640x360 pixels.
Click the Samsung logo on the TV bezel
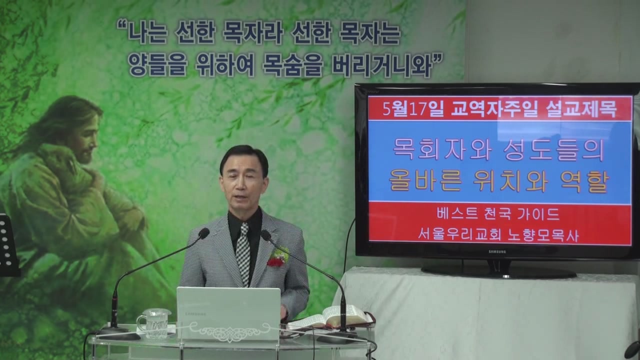click(x=497, y=251)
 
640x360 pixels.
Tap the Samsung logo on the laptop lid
click(x=195, y=313)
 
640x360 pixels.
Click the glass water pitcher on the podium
click(x=154, y=323)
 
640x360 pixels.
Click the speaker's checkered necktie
click(x=243, y=253)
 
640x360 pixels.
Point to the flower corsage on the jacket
click(x=277, y=257)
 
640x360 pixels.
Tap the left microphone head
click(x=204, y=233)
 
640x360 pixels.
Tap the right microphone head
click(x=265, y=235)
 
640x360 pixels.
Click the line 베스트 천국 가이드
click(x=498, y=214)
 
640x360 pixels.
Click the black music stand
click(x=8, y=245)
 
